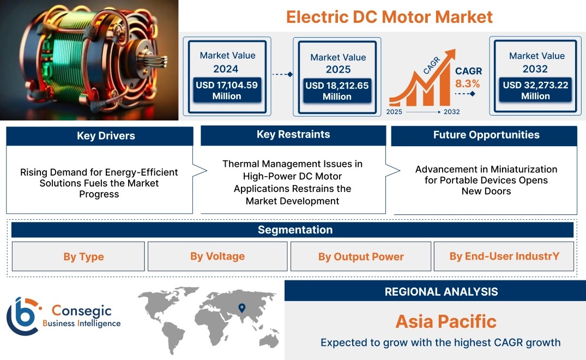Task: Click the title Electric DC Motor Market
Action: pos(389,17)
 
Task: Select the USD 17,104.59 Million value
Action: pos(227,91)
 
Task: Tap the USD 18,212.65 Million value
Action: pos(337,91)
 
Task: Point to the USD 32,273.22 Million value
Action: pos(535,91)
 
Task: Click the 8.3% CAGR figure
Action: pos(468,83)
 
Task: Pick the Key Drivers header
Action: pos(106,136)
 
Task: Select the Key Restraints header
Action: pos(293,134)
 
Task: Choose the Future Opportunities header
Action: pos(486,135)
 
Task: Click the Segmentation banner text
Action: pos(295,230)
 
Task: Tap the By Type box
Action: pos(78,256)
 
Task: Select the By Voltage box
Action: pos(218,256)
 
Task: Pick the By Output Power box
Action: pos(361,256)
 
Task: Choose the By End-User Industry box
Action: pos(504,256)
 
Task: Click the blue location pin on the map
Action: pos(242,308)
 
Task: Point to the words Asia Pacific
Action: pos(446,321)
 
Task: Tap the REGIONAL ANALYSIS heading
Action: pos(442,292)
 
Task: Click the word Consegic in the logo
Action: pos(81,310)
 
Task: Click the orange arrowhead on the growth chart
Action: pos(450,54)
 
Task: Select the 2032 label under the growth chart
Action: pos(452,112)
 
